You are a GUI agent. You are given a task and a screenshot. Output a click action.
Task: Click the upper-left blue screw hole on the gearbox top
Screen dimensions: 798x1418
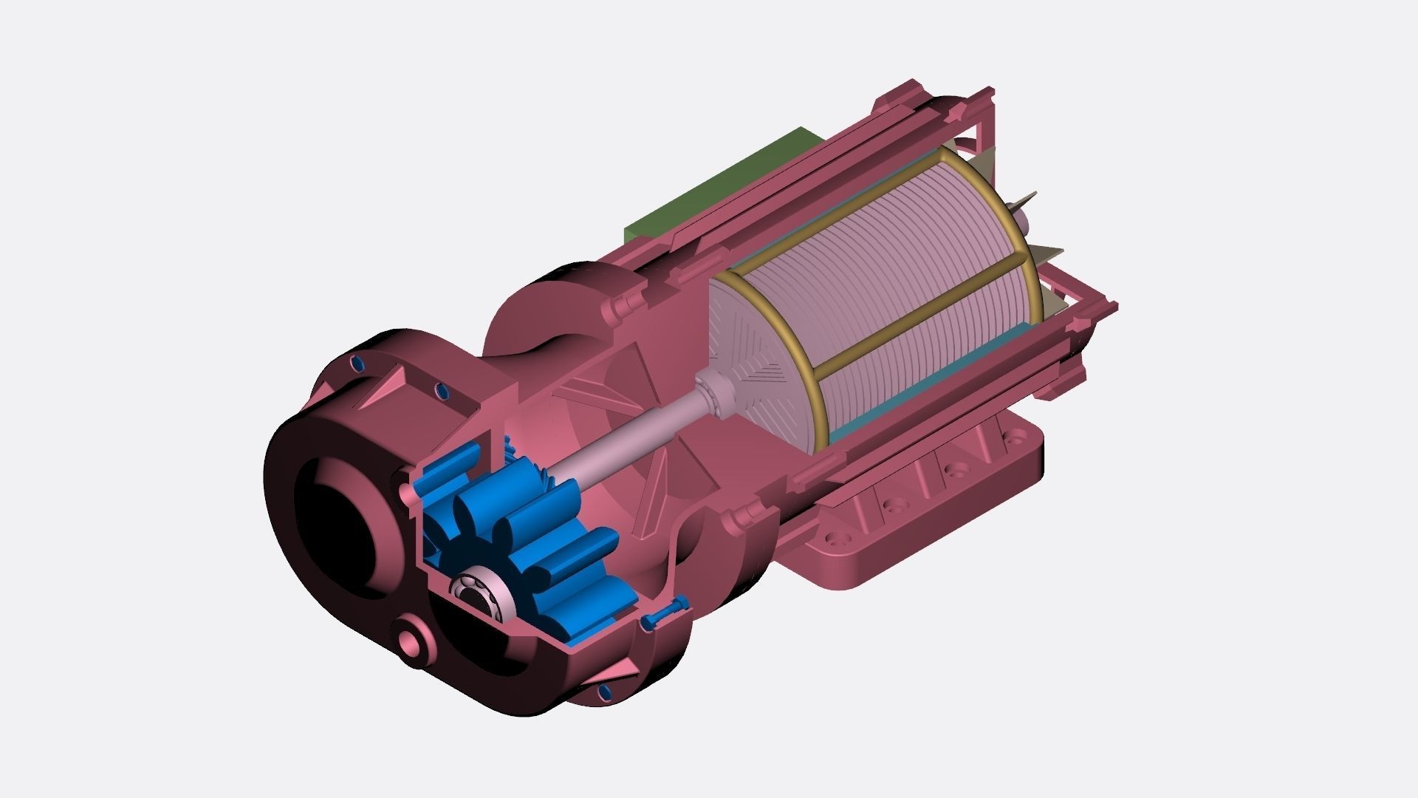coord(356,363)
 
